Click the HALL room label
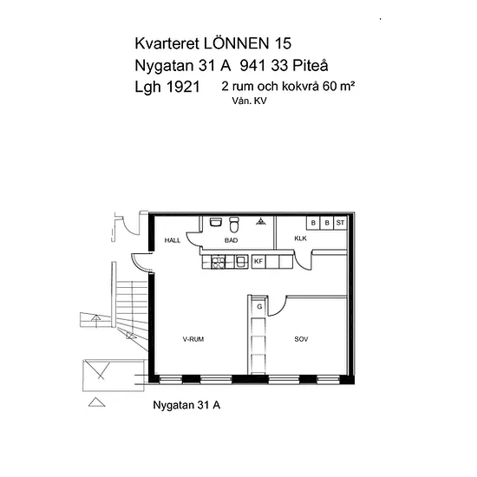173,240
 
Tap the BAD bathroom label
231,240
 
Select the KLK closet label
301,238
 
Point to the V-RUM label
193,339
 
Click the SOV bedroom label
301,339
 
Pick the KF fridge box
258,261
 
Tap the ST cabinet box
341,223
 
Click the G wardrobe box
259,307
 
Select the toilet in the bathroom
234,225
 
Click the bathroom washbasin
216,222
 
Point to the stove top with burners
218,262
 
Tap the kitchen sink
241,262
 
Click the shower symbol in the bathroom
261,221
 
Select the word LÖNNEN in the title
237,43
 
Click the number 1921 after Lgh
184,87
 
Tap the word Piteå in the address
310,65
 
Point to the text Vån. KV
249,101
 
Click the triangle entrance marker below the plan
97,402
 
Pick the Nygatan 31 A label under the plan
186,405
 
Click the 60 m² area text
338,86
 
